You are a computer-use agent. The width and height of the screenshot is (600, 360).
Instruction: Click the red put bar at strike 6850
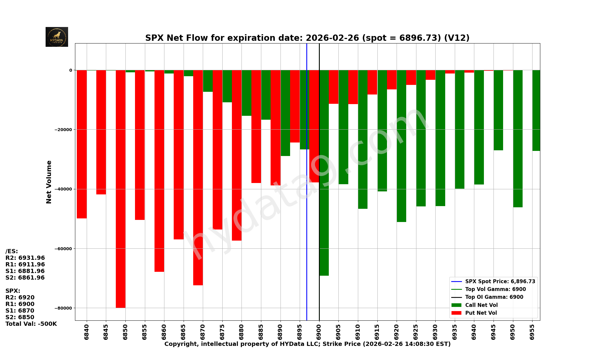tap(121, 189)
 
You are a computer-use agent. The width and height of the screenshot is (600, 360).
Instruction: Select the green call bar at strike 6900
tap(324, 172)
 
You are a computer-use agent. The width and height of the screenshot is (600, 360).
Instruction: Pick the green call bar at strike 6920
tap(401, 146)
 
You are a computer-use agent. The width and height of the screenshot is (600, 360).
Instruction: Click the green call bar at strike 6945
tap(498, 110)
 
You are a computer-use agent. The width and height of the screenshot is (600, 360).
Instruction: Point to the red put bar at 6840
tap(82, 144)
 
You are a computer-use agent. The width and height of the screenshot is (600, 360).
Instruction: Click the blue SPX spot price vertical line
tap(307, 240)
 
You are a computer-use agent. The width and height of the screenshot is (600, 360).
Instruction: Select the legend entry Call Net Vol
tap(481, 305)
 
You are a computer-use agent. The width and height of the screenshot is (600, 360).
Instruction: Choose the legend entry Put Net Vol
tap(481, 313)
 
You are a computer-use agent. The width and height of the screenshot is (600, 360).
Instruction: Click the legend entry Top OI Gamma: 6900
tap(494, 297)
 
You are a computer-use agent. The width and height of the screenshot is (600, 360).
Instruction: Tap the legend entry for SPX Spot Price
tap(500, 281)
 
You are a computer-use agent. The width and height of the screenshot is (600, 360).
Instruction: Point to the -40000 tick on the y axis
tap(63, 189)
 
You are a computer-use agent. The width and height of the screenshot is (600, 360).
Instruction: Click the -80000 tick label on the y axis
tap(63, 308)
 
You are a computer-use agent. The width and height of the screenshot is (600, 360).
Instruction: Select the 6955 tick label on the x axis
tap(532, 332)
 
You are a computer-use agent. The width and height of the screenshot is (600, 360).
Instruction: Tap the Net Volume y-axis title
tap(49, 182)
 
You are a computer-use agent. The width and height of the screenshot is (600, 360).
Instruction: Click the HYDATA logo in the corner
tap(57, 37)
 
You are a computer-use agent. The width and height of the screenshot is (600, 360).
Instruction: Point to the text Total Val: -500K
tap(31, 324)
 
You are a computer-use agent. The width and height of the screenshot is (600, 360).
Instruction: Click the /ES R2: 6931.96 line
tap(25, 258)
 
